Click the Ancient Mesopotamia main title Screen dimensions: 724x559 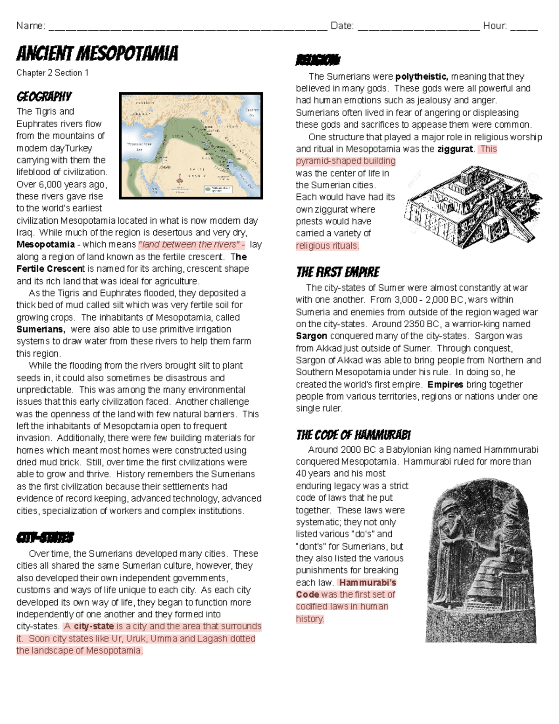click(97, 54)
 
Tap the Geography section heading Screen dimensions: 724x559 click(44, 97)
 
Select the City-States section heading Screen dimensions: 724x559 click(45, 538)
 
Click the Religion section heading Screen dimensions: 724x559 click(318, 61)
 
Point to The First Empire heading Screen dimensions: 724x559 click(338, 272)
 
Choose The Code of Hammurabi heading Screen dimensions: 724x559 click(353, 435)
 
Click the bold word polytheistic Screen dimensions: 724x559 click(422, 76)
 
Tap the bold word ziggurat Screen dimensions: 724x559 click(455, 149)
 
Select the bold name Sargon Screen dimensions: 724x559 click(311, 336)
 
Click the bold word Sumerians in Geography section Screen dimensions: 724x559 click(41, 330)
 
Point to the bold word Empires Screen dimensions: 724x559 click(445, 385)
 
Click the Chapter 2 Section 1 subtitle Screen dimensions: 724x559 click(52, 73)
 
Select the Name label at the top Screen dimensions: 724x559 click(30, 26)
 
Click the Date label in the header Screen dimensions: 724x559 click(341, 26)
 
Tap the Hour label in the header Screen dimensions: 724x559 click(495, 26)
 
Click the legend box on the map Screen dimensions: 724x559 click(218, 189)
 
